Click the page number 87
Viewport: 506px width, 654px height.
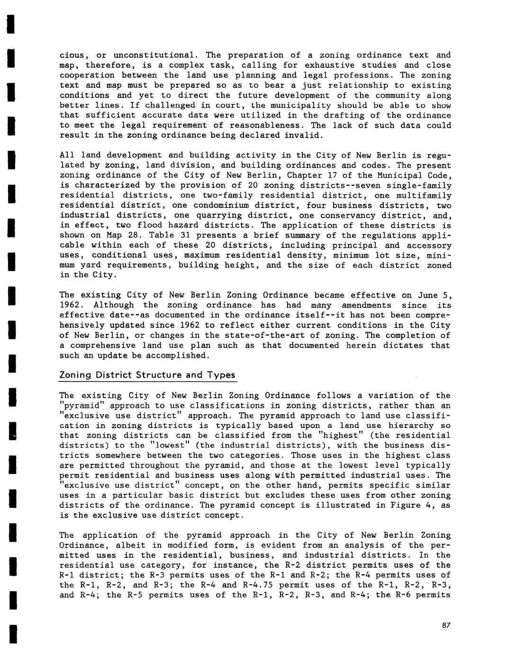(x=446, y=626)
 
